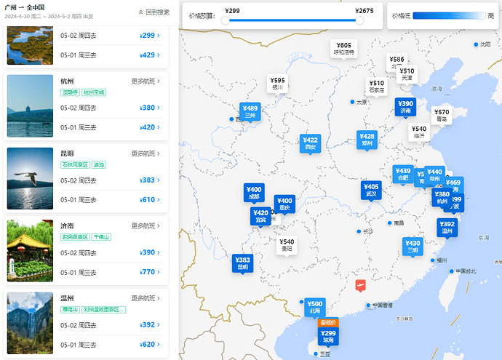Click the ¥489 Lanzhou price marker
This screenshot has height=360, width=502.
tap(250, 111)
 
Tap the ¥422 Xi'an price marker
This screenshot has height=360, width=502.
tap(310, 143)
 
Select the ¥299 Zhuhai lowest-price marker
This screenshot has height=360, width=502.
tap(328, 336)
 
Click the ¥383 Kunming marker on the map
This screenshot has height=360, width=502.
tap(242, 263)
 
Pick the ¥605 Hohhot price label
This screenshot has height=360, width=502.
tap(344, 48)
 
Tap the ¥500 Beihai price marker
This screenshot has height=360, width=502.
tap(314, 307)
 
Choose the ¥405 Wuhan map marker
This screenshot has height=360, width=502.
tap(371, 190)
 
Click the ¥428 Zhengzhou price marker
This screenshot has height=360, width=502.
tap(367, 140)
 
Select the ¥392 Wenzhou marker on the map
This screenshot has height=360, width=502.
tap(447, 228)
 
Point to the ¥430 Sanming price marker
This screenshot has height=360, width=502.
tap(413, 247)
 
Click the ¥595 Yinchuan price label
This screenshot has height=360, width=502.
tap(277, 83)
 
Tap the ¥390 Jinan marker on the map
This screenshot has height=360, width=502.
tap(405, 107)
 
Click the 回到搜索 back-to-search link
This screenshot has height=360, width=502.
tap(154, 12)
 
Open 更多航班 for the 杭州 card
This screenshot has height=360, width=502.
tap(146, 81)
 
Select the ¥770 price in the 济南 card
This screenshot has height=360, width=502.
tap(147, 272)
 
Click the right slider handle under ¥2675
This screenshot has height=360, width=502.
tap(359, 20)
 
